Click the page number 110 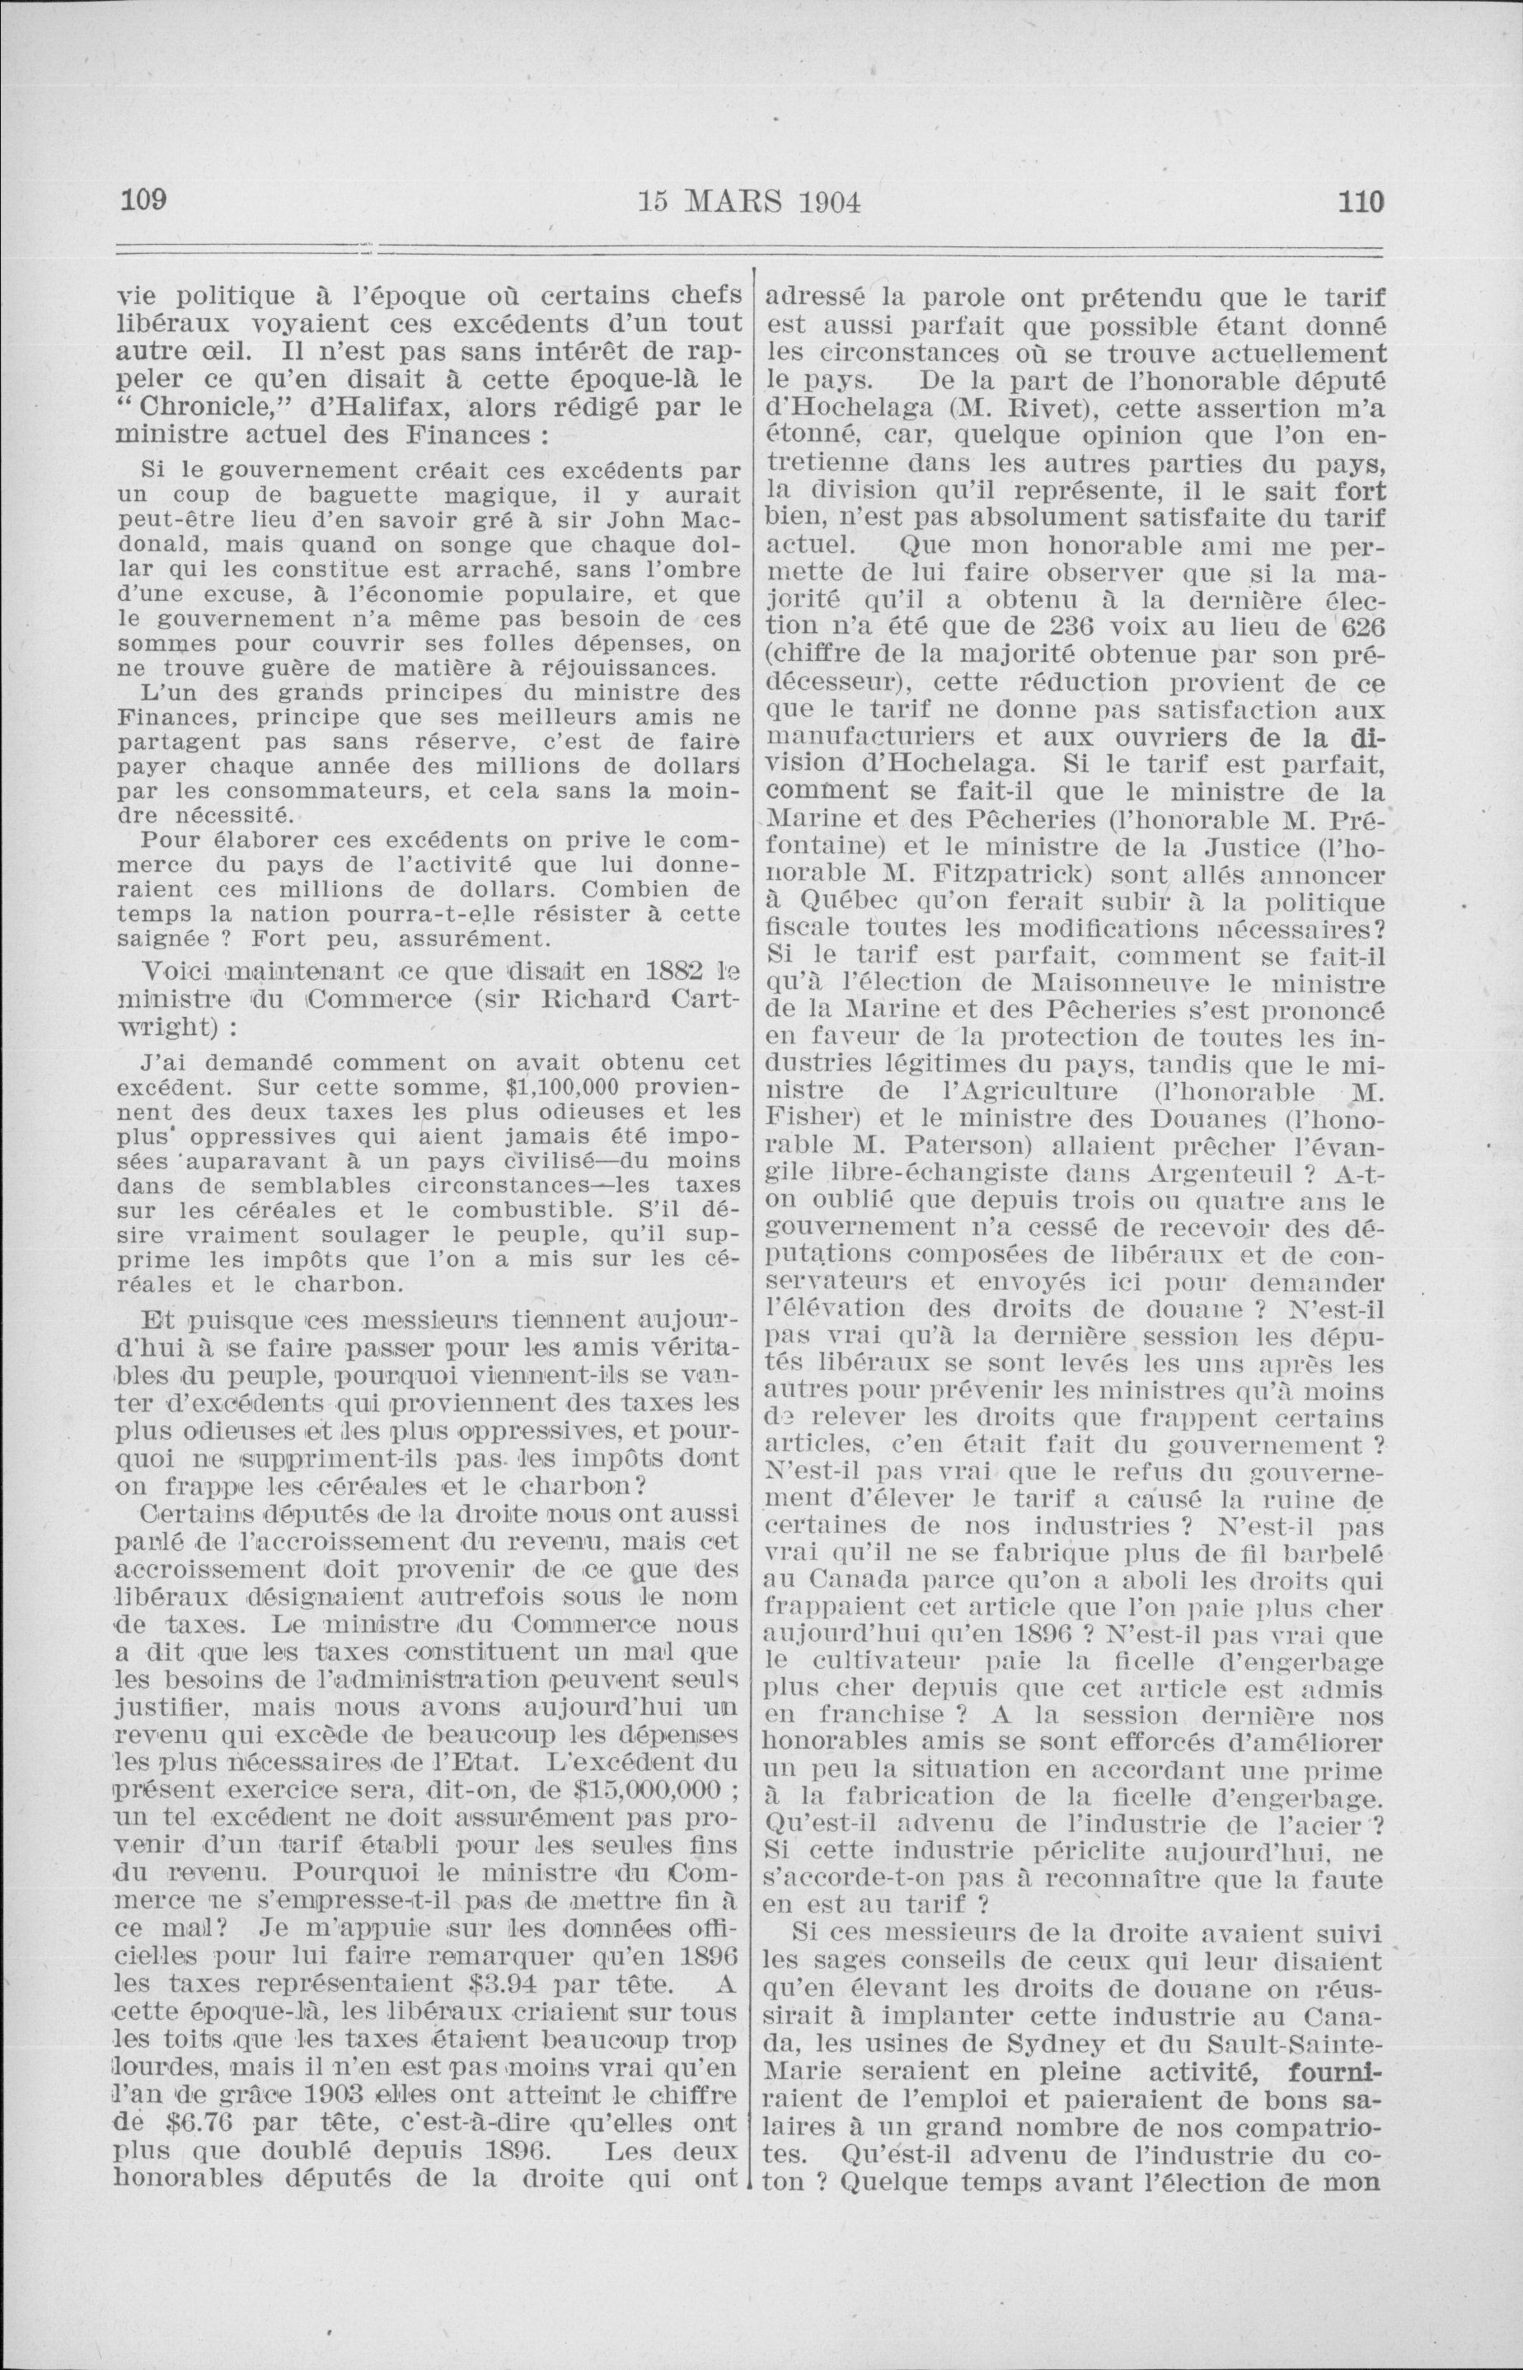tap(1360, 203)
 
